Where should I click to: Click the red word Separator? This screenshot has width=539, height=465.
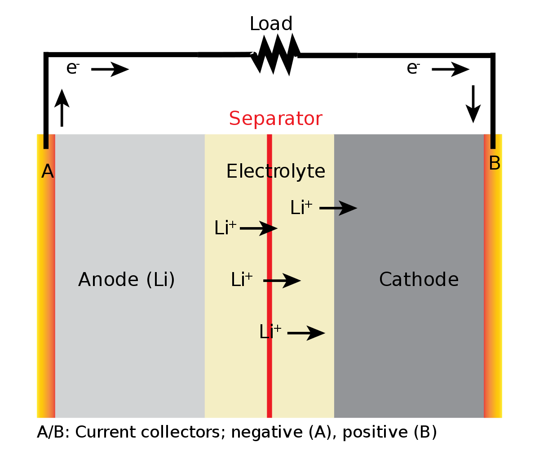(275, 119)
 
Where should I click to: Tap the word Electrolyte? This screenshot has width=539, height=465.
(275, 171)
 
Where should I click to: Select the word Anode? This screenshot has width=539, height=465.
(108, 279)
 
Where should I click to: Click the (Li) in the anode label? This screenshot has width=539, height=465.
(160, 280)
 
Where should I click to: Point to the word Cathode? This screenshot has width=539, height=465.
(419, 279)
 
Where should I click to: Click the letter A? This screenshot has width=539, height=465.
(48, 171)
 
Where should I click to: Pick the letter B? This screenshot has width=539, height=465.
(494, 163)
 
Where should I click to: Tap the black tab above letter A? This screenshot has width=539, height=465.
(46, 141)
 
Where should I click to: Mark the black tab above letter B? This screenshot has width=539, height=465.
(493, 141)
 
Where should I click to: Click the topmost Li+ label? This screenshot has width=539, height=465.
(301, 208)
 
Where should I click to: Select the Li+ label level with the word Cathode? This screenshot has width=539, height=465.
(242, 280)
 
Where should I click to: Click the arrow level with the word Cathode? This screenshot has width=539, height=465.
(282, 281)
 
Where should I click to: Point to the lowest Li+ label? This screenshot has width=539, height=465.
(270, 332)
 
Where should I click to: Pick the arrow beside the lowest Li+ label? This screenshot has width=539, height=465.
(306, 333)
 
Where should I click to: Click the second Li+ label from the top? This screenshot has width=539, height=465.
(225, 228)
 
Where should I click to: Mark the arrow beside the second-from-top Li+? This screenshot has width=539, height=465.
(259, 228)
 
